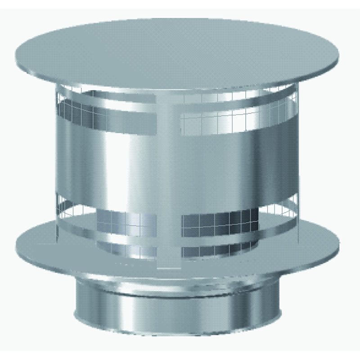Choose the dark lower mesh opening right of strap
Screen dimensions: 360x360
pos(216,223)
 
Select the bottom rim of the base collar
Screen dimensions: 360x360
pos(175,331)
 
